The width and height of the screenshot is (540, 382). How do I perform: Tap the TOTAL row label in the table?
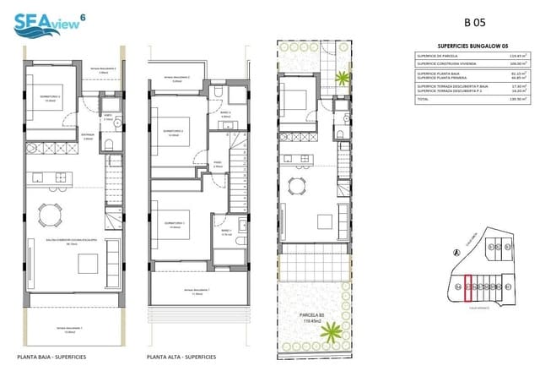pos(423,101)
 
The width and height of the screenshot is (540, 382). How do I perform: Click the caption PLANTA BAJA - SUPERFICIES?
pos(51,357)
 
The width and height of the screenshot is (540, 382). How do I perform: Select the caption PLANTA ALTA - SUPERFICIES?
pos(181,357)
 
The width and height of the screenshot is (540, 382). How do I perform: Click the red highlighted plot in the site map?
pos(468,289)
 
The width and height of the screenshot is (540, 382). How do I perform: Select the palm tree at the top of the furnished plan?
pos(342,79)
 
